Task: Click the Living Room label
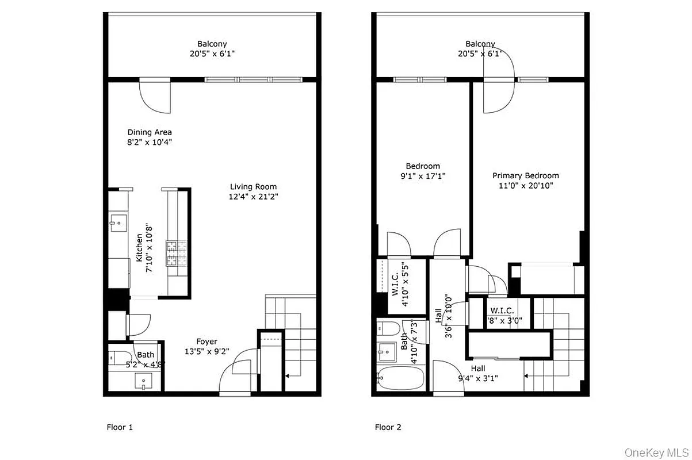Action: [253, 187]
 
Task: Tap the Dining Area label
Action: [150, 132]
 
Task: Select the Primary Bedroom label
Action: [525, 176]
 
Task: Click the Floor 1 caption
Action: [120, 427]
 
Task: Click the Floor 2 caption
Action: [388, 427]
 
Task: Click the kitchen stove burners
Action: [174, 254]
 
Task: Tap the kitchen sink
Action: [117, 220]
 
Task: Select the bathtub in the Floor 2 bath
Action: [400, 378]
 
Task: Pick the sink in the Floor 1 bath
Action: [143, 381]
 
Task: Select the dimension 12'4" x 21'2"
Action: [253, 197]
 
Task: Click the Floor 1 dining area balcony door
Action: [156, 96]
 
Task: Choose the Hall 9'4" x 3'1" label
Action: [478, 373]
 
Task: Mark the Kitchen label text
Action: [139, 248]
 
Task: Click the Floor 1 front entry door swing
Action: [235, 373]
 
